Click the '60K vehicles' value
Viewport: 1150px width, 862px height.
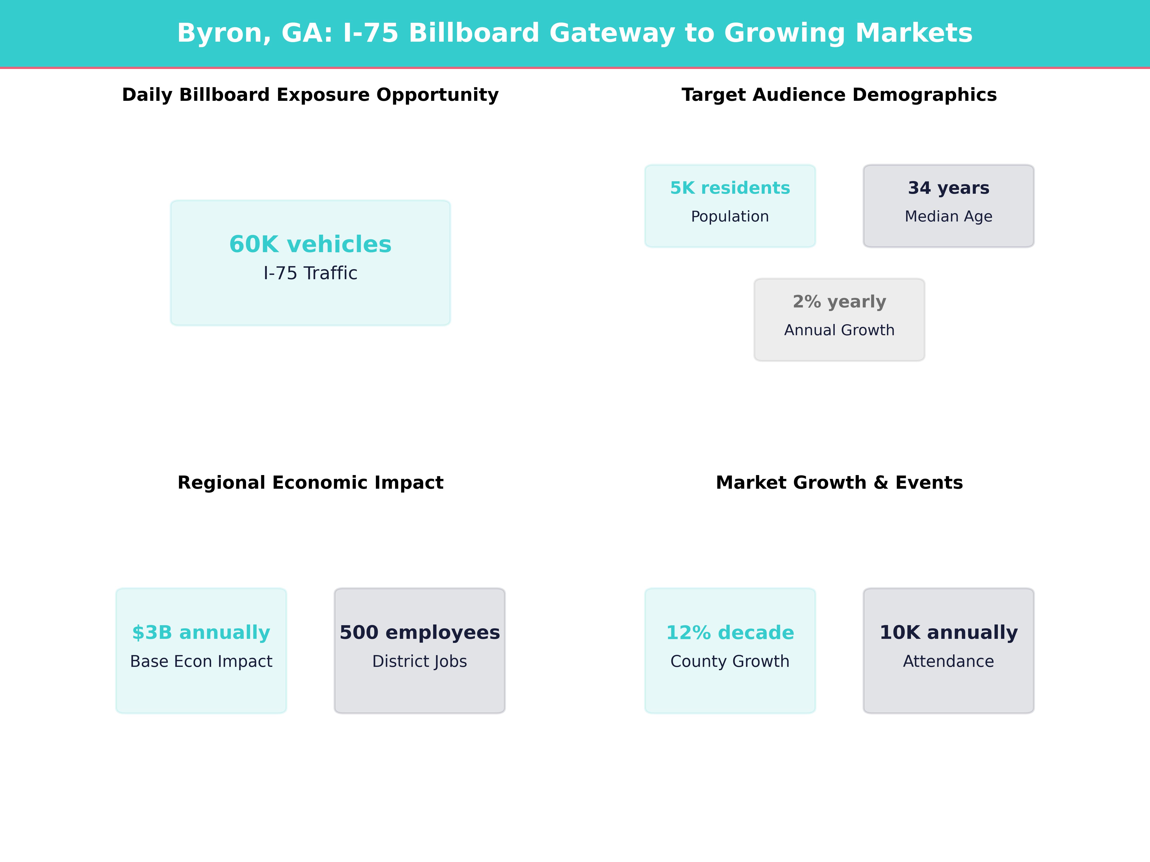click(310, 244)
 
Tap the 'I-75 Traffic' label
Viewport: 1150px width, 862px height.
click(310, 273)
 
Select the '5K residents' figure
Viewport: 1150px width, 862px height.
click(730, 188)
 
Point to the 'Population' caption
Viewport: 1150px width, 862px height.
click(730, 217)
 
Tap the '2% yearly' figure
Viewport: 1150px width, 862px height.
click(839, 302)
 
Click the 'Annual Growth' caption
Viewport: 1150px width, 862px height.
click(839, 330)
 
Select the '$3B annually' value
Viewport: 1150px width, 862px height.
click(201, 633)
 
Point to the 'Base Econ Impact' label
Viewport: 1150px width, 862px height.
click(201, 661)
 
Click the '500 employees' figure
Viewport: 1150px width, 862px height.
click(420, 633)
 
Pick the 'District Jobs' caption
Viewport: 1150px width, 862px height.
click(420, 661)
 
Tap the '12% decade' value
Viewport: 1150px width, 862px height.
click(730, 633)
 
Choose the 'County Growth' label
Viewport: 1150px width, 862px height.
click(730, 661)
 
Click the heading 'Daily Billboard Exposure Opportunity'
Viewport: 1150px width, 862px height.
click(310, 95)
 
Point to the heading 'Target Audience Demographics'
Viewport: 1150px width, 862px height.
click(839, 95)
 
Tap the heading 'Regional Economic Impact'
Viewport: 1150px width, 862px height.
click(310, 483)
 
